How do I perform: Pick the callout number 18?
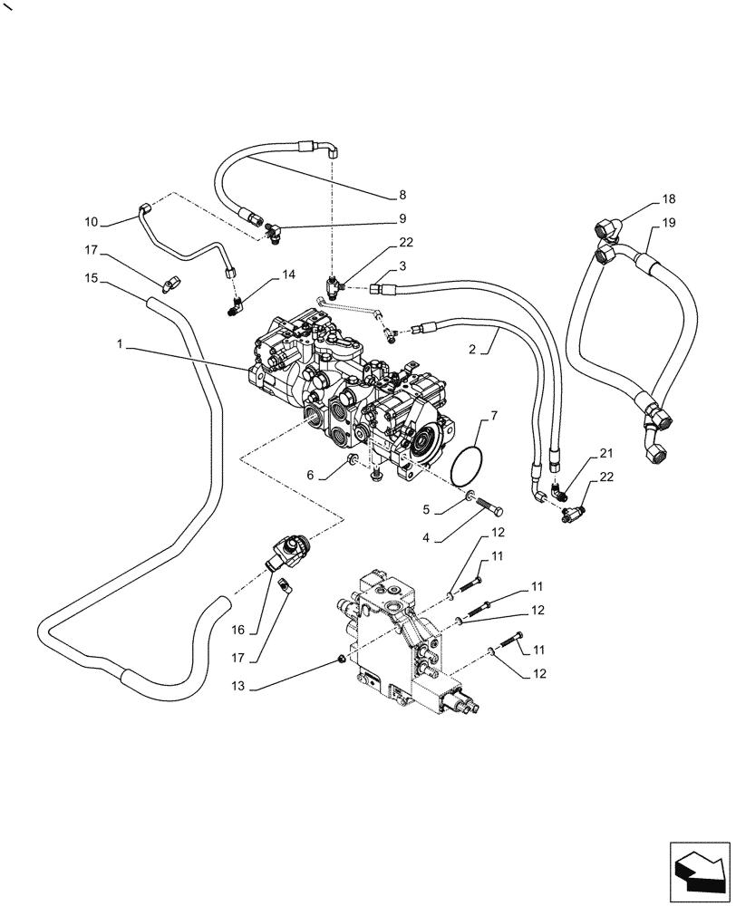tap(668, 198)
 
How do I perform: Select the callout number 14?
tap(288, 273)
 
